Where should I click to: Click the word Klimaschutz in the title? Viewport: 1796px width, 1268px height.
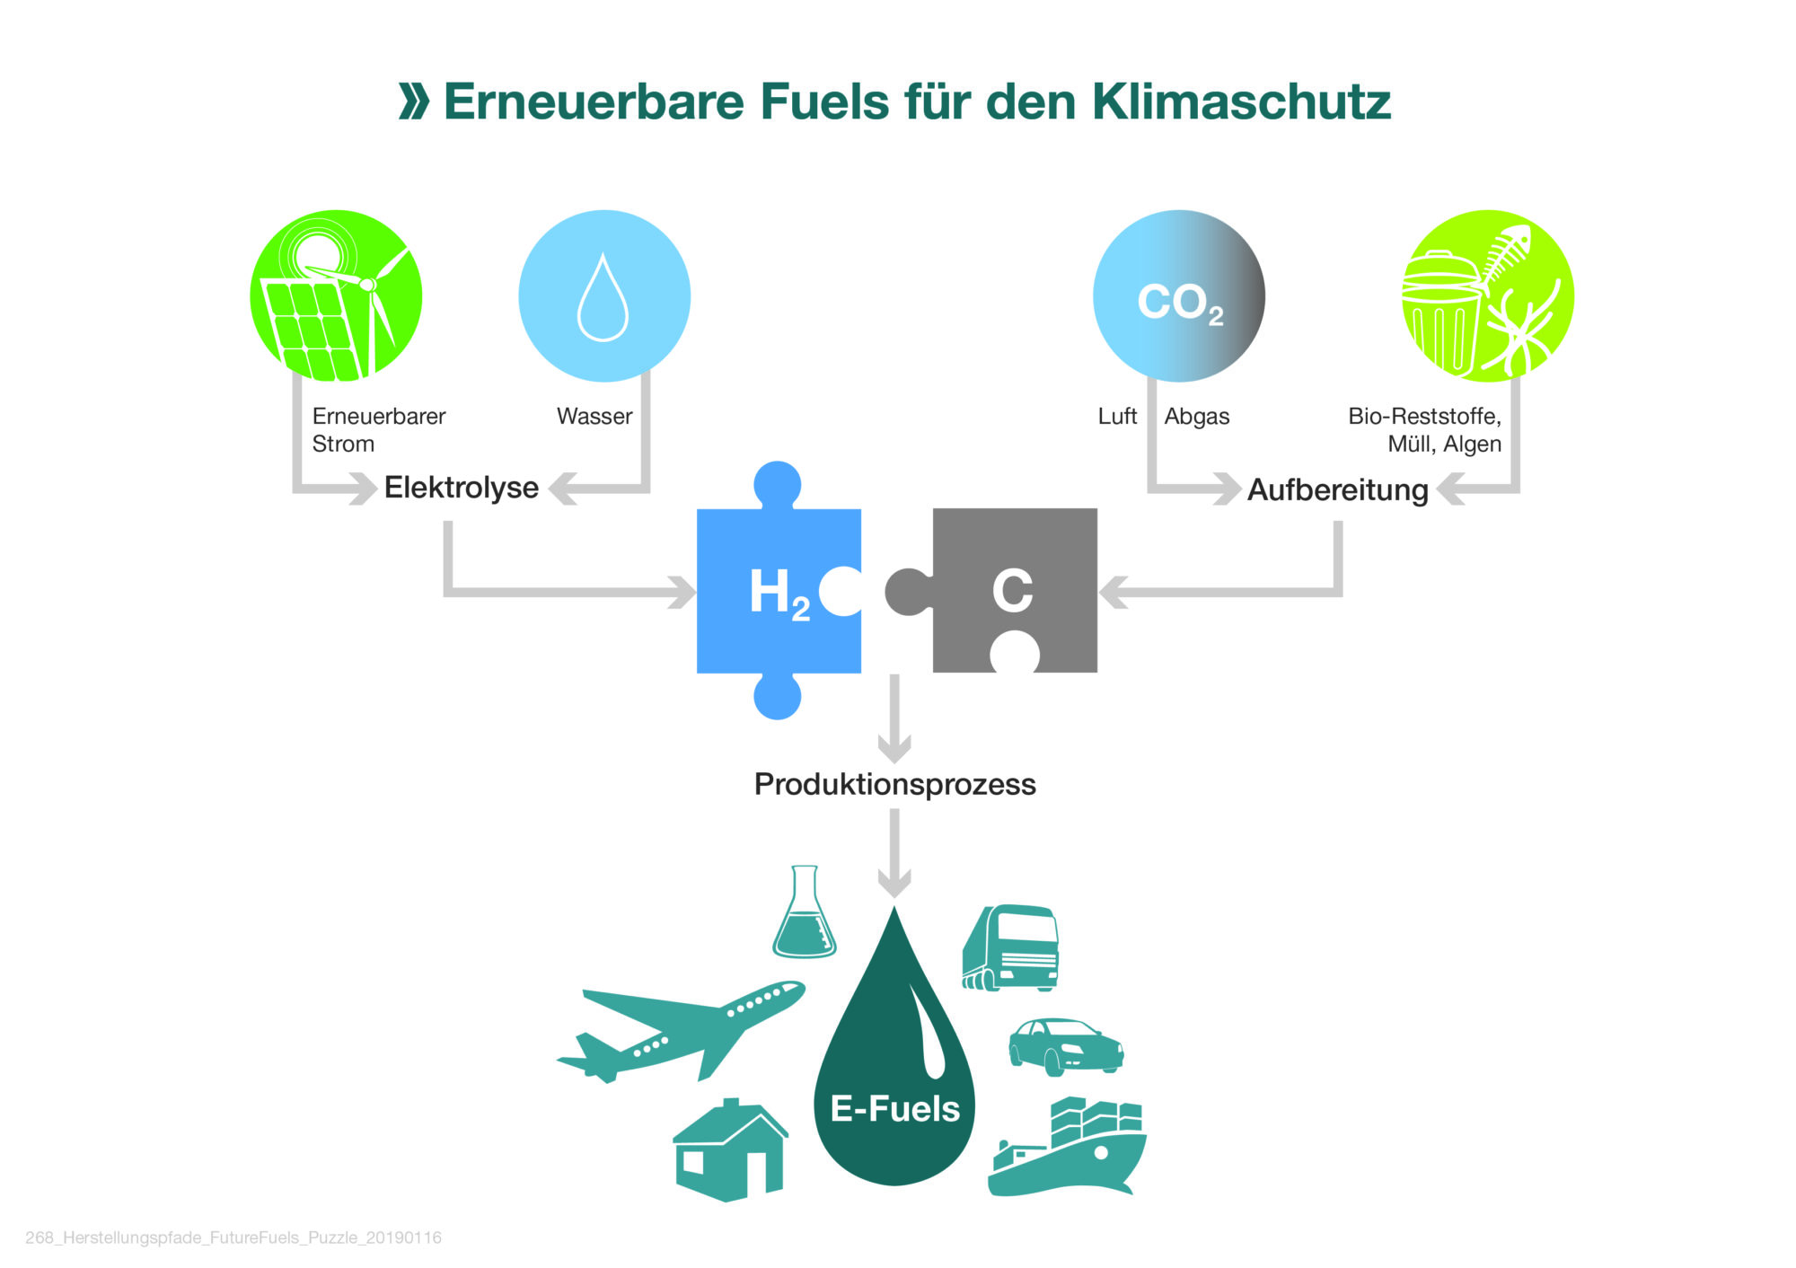1241,101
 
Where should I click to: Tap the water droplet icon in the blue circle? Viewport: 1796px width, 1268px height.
603,297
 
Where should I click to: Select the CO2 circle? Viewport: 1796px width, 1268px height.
1179,295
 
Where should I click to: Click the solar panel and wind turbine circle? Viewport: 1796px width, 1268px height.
336,295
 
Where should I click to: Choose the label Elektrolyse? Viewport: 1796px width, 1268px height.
462,488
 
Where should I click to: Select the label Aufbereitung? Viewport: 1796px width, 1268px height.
1338,490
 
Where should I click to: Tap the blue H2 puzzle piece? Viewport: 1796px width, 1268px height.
779,591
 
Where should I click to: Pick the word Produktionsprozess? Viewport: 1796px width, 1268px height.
895,784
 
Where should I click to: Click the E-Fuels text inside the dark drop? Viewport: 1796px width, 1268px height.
895,1109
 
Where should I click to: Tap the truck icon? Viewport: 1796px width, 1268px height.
1010,947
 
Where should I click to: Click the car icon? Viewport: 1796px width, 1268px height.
1066,1046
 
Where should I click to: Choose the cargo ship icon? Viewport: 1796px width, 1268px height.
1067,1147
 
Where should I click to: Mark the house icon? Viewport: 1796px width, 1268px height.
731,1150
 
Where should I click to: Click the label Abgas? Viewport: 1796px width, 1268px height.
1197,417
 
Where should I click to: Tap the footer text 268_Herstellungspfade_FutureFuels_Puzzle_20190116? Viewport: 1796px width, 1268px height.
233,1237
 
